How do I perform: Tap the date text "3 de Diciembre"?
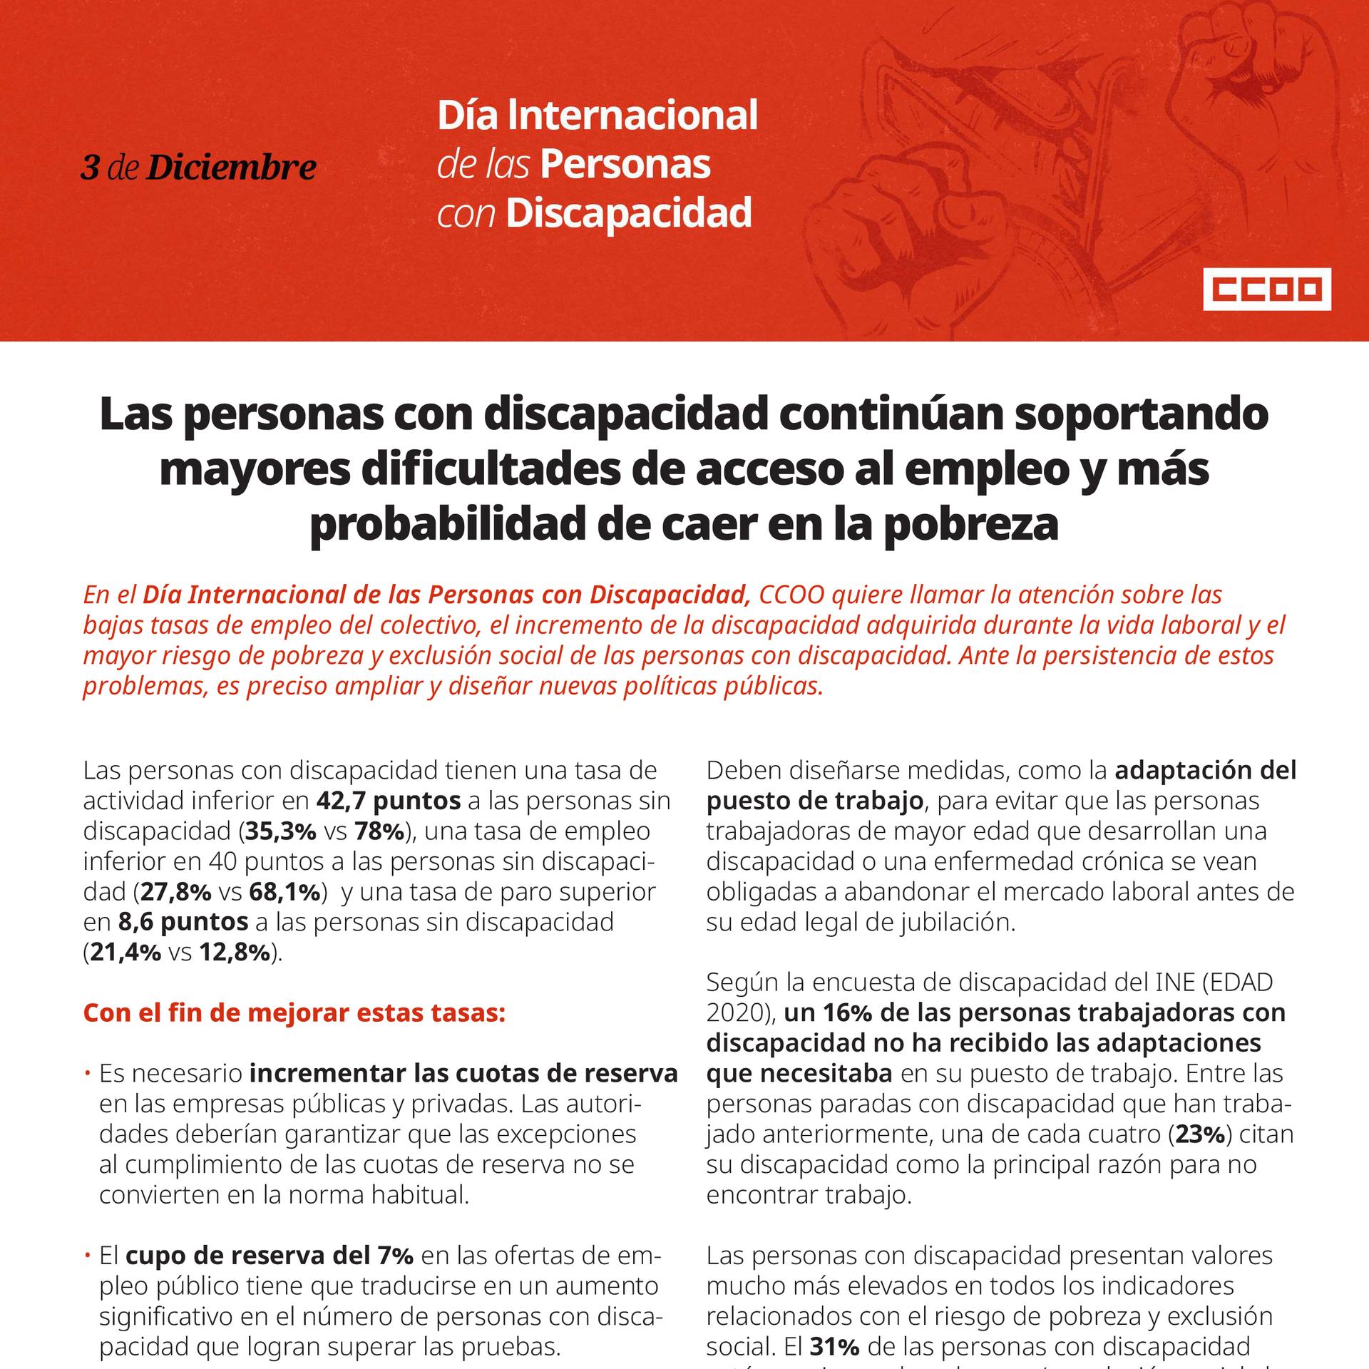tap(198, 167)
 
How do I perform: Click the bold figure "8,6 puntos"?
tap(183, 922)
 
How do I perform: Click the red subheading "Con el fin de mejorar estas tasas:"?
tap(294, 1012)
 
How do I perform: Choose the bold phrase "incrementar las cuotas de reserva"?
tap(463, 1074)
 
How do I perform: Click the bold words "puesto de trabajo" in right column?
tap(815, 801)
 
